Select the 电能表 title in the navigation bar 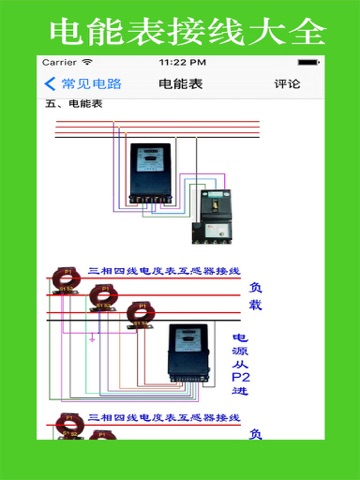[x=180, y=84]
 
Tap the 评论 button [x=287, y=84]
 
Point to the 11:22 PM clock [x=180, y=62]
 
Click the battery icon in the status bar [x=307, y=62]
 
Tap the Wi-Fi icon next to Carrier [x=87, y=62]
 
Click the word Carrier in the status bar [x=59, y=62]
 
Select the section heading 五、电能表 [x=73, y=103]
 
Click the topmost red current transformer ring [x=67, y=277]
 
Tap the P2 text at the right [x=241, y=377]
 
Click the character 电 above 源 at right [x=241, y=338]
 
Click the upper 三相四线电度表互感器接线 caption [x=164, y=271]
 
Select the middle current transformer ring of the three [x=102, y=294]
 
